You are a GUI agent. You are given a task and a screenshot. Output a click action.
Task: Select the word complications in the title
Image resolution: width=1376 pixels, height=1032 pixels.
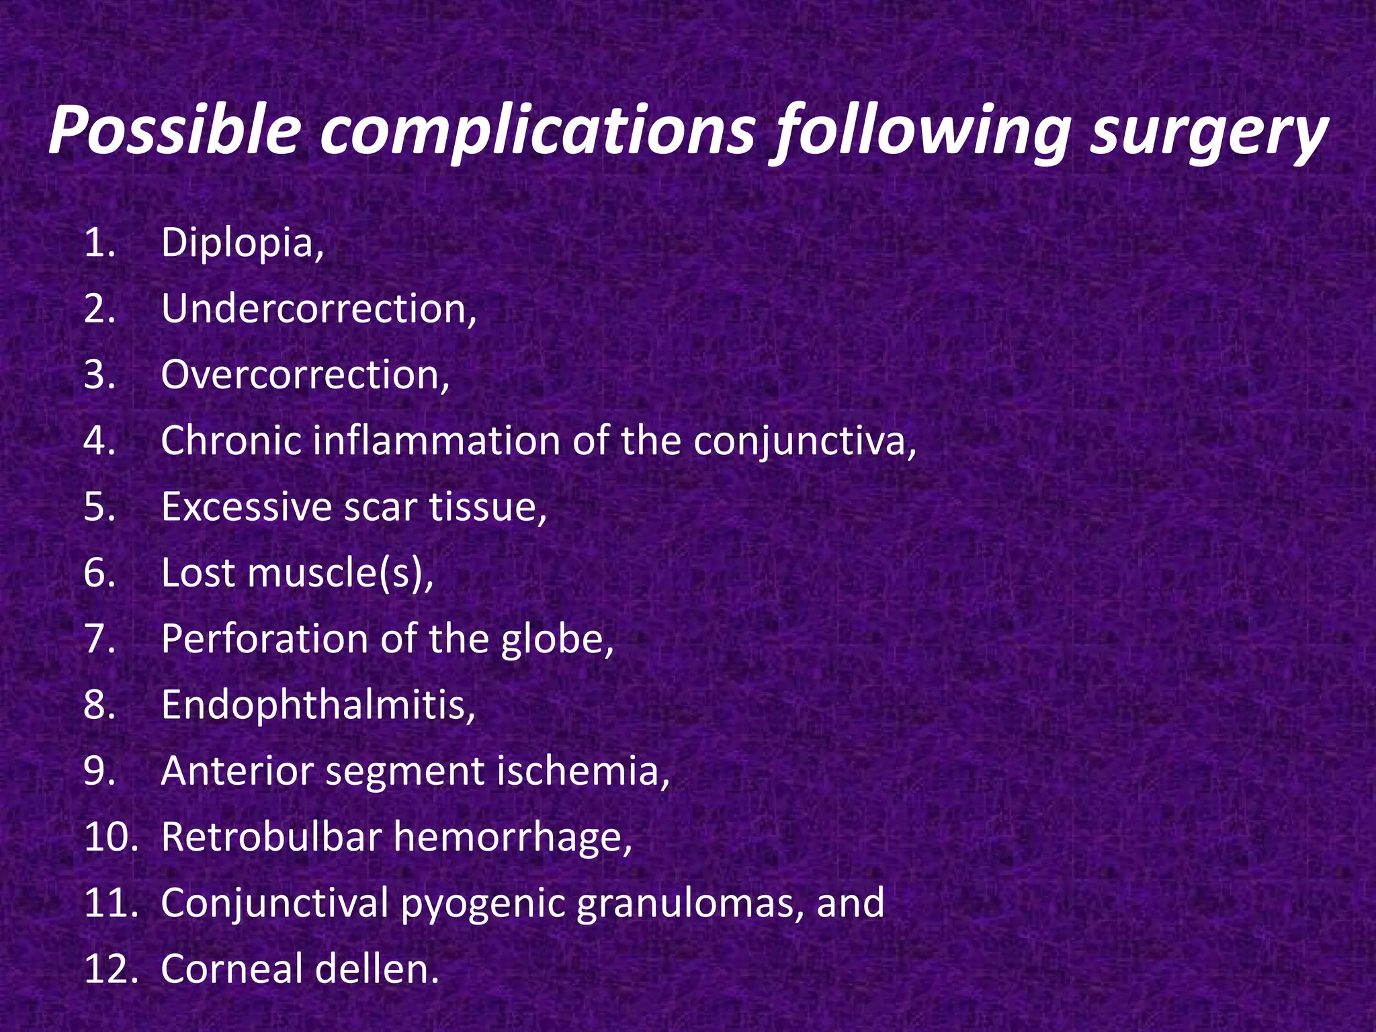pyautogui.click(x=537, y=130)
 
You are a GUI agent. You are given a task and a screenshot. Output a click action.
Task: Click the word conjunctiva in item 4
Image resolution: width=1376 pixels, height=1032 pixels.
pyautogui.click(x=804, y=442)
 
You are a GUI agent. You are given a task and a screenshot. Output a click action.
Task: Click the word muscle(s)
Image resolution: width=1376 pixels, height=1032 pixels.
pyautogui.click(x=340, y=573)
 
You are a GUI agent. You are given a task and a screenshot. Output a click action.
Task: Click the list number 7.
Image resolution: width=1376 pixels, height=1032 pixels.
pyautogui.click(x=100, y=639)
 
